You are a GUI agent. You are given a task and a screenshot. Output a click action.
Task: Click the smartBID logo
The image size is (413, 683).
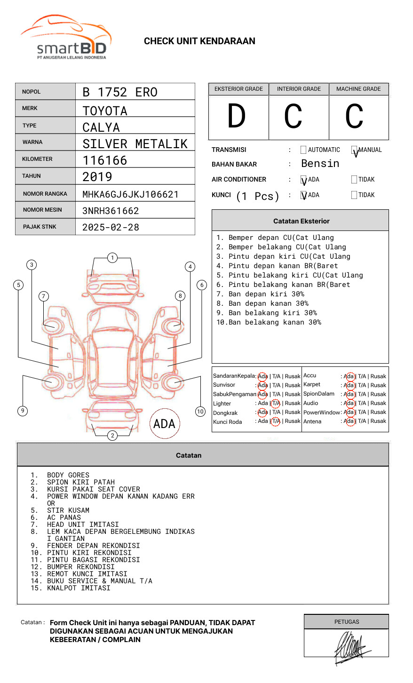point(66,38)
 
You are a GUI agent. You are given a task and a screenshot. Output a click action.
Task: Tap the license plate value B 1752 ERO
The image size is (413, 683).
point(120,92)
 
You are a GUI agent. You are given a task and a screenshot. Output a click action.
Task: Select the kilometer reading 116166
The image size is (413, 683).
point(105,160)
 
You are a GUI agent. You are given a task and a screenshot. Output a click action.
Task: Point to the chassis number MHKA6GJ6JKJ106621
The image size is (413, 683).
point(130,194)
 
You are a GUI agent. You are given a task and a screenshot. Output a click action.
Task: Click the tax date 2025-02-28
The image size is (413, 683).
point(111,227)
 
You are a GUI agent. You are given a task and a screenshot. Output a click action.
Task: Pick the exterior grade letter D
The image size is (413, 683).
point(237,116)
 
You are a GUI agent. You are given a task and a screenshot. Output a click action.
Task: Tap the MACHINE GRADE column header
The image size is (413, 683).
point(358,89)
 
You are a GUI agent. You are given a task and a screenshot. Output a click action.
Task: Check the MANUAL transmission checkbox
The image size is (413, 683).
point(354,150)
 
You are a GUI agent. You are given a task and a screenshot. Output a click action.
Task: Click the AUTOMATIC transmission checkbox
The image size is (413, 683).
point(303,150)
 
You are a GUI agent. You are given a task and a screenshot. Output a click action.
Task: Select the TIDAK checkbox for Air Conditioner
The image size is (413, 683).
point(354,180)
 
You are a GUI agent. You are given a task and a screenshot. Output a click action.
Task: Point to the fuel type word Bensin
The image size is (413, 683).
point(320,164)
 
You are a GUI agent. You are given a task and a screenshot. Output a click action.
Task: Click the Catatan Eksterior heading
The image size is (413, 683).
point(301,221)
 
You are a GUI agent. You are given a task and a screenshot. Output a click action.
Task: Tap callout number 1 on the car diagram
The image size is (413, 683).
point(112,258)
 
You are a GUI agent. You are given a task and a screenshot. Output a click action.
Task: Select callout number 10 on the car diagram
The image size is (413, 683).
point(200,412)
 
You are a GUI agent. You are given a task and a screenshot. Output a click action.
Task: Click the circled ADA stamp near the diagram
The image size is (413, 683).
point(164,424)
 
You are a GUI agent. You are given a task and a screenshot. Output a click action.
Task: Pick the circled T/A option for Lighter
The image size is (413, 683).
point(276,403)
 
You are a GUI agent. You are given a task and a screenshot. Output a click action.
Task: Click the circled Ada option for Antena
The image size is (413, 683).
point(349,421)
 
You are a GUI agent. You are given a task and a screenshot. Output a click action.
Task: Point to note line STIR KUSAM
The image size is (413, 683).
point(68,510)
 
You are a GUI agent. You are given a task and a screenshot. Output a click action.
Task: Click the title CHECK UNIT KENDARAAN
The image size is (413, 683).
point(199,41)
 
